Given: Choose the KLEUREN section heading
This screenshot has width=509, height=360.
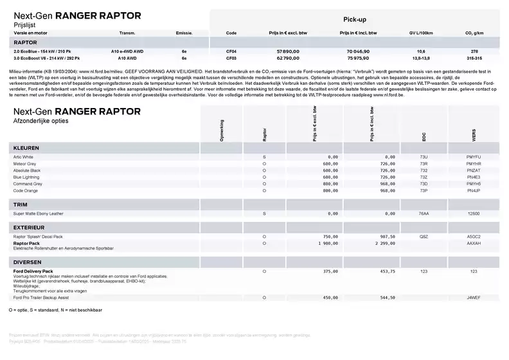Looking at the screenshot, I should [x=26, y=148].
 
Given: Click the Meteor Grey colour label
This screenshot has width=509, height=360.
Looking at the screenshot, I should [x=26, y=163].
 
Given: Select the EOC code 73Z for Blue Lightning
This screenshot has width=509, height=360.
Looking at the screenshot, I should [x=423, y=177].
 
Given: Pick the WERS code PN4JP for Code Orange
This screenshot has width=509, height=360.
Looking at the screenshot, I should [x=473, y=190].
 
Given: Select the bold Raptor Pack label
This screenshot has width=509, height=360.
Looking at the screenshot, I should [x=26, y=244].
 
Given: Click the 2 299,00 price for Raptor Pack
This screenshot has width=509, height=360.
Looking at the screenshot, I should [x=382, y=244].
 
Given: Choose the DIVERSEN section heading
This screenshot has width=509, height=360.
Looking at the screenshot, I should [x=28, y=262].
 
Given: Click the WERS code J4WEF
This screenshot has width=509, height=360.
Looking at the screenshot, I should [x=473, y=298].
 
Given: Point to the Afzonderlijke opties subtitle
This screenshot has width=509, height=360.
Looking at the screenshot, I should [x=42, y=120].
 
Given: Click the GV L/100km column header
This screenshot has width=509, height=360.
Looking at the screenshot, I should [x=421, y=33].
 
